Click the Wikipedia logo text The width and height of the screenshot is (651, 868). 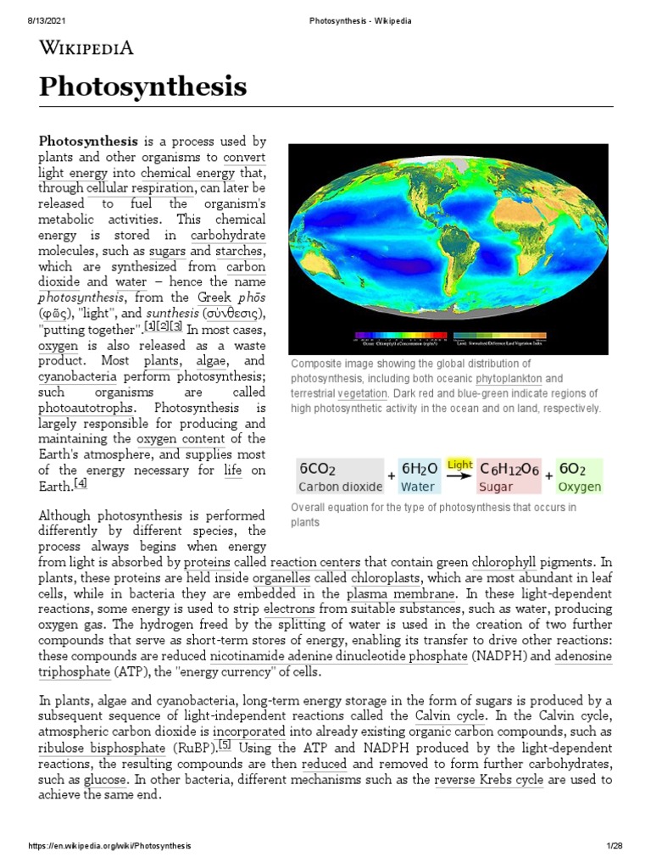click(86, 48)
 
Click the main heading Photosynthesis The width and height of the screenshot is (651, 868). click(142, 86)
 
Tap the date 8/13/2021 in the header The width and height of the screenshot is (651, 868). click(29, 9)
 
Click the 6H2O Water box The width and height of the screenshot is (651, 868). click(420, 477)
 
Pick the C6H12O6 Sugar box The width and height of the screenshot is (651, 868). click(508, 477)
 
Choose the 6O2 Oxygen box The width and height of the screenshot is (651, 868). click(580, 477)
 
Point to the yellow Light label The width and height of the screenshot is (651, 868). click(459, 465)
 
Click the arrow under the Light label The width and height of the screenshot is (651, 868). click(459, 476)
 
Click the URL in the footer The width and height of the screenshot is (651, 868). click(110, 847)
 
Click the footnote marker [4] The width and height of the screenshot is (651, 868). click(81, 483)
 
